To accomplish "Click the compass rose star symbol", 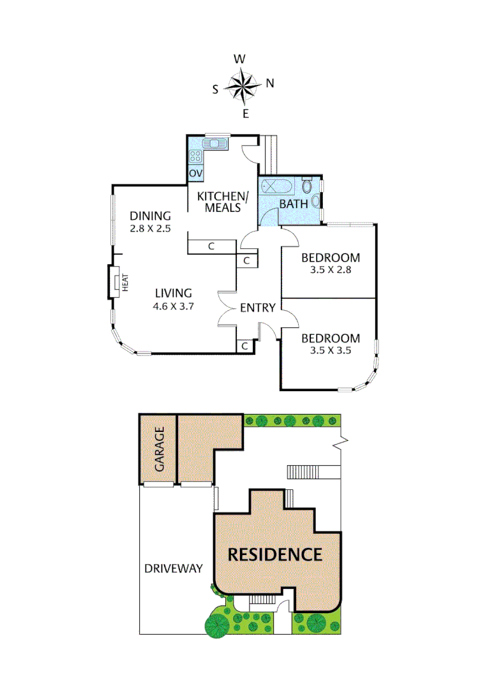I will click(x=243, y=86).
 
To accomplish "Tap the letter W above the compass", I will click(x=240, y=59).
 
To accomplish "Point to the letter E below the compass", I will click(x=245, y=114).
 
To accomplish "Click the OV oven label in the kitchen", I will click(x=195, y=174).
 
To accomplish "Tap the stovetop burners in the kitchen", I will click(x=195, y=155).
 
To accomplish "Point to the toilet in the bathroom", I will click(x=308, y=186).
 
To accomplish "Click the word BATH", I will click(x=294, y=204).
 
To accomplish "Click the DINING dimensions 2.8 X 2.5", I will click(x=150, y=228).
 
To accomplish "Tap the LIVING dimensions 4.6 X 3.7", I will click(x=173, y=306).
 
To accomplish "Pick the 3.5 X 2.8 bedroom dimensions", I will click(x=331, y=269).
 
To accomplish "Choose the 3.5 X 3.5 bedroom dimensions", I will click(x=331, y=350).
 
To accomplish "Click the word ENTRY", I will click(x=258, y=308).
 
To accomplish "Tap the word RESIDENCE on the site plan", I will click(x=275, y=554).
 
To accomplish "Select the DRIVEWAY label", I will click(x=173, y=568).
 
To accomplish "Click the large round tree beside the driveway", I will click(x=217, y=623).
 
